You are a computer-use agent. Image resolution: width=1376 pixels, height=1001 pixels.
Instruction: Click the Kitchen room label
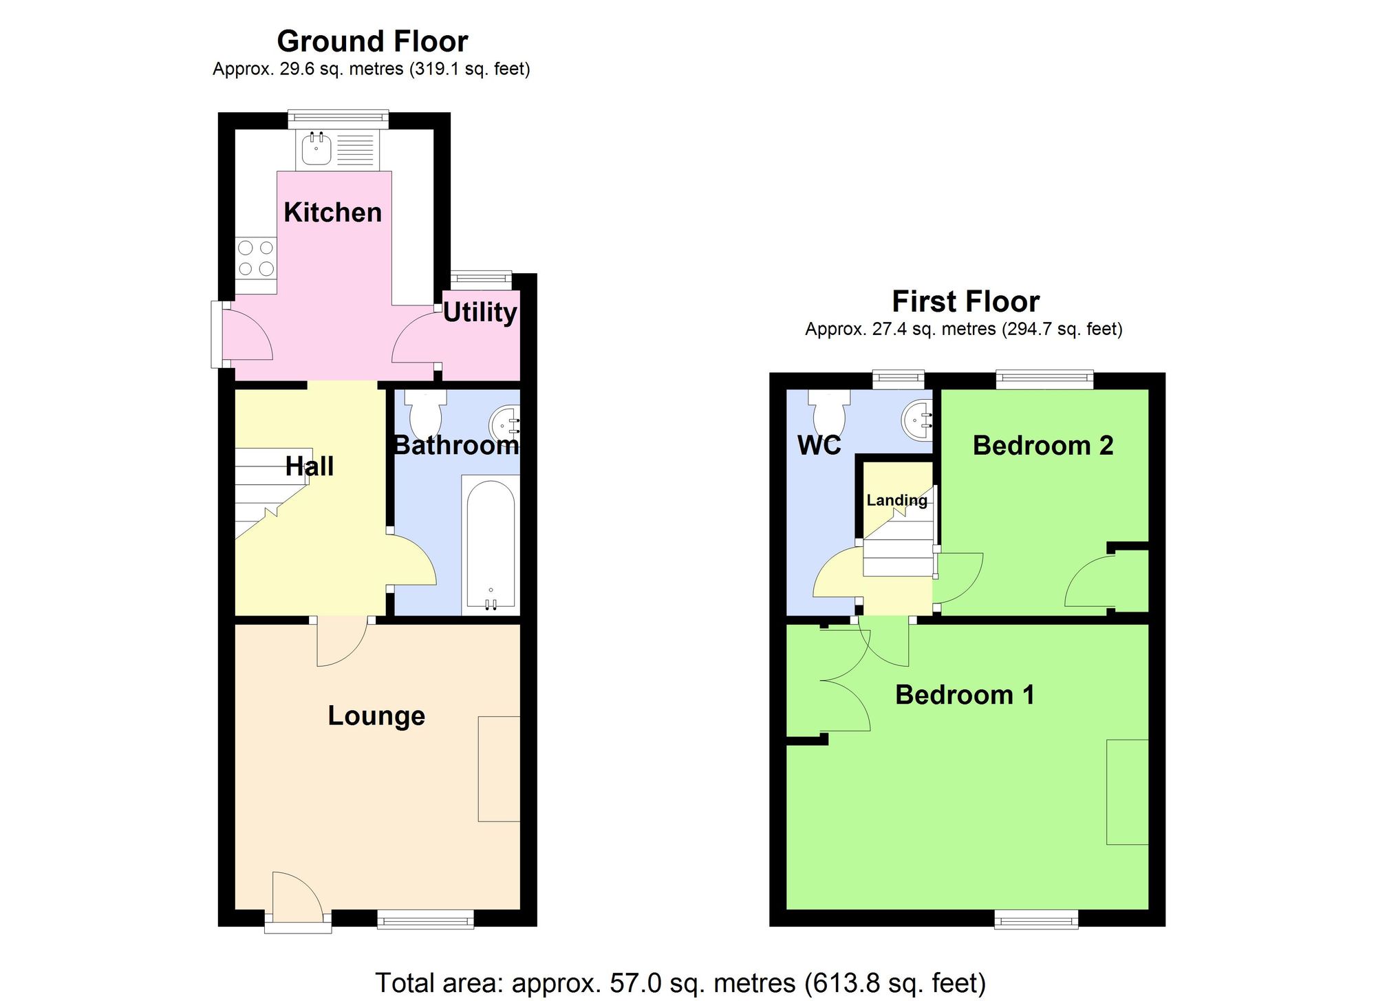(x=332, y=213)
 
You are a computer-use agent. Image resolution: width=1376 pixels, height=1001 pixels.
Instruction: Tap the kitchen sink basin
(x=316, y=149)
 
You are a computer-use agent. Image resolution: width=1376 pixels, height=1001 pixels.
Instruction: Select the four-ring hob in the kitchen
(x=256, y=258)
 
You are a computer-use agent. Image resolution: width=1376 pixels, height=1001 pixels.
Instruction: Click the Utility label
(x=480, y=312)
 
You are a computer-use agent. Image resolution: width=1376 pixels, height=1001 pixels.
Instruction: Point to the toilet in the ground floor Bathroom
(x=425, y=412)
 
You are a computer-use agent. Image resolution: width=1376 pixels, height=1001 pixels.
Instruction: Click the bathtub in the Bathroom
(x=491, y=543)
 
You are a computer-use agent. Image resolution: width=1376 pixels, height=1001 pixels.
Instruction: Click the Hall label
(x=310, y=466)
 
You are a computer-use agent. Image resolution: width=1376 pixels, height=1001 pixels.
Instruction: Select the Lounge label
(x=376, y=716)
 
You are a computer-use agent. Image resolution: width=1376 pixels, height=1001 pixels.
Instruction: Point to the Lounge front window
(x=425, y=918)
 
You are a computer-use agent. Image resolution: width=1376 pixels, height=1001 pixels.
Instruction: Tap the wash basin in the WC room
(x=918, y=419)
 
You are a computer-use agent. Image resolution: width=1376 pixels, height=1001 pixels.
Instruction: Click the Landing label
(x=896, y=500)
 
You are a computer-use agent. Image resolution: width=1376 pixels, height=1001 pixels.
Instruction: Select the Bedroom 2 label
(x=1042, y=446)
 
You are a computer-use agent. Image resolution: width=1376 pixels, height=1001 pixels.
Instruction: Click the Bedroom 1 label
(x=965, y=695)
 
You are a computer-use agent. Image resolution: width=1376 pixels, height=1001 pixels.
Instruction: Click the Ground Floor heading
(x=372, y=42)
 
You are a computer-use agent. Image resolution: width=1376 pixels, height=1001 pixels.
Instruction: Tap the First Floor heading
(x=965, y=302)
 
